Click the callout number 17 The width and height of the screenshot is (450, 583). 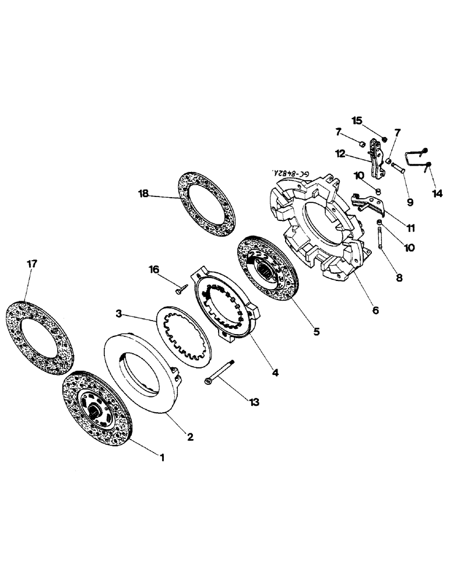click(32, 264)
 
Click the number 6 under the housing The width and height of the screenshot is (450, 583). click(375, 311)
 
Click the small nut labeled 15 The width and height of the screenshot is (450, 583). click(385, 139)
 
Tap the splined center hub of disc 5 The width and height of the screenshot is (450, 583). click(269, 269)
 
